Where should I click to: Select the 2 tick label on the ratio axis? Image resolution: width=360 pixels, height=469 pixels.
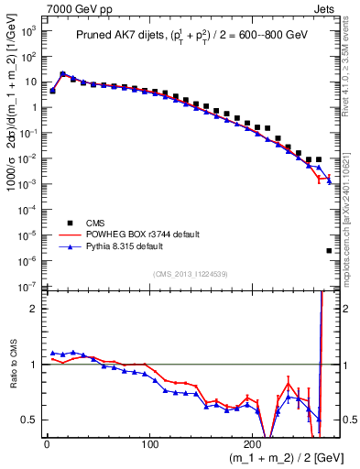(x=30, y=309)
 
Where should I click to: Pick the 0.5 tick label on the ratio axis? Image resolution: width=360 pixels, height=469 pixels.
(x=27, y=420)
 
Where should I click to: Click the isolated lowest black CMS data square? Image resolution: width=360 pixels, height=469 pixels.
(x=329, y=250)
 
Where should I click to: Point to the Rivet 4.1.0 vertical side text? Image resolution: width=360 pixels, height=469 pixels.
(x=351, y=73)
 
